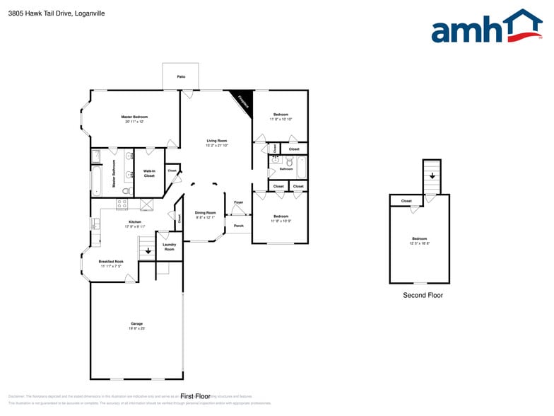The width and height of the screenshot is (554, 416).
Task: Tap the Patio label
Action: [x=181, y=76]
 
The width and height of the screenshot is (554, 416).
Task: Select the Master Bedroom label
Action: [x=134, y=117]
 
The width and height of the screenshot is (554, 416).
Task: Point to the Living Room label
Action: [x=216, y=141]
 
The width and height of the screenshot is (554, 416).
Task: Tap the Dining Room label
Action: [x=205, y=213]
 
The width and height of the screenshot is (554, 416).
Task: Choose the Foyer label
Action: [x=239, y=202]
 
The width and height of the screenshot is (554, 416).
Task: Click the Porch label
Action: [x=239, y=226]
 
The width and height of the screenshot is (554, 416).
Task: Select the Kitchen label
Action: [x=134, y=222]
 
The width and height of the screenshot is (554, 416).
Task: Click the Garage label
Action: [x=136, y=324]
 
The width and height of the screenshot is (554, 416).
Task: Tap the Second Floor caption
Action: [x=423, y=295]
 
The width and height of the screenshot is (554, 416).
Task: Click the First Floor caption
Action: [x=196, y=396]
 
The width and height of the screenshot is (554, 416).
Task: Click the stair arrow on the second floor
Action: [x=432, y=175]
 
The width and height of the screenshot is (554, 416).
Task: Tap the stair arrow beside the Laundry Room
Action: [x=146, y=250]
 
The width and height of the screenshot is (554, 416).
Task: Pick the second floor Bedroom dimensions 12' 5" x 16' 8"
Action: [x=420, y=243]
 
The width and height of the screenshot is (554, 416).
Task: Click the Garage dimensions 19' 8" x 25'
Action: [x=136, y=329]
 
